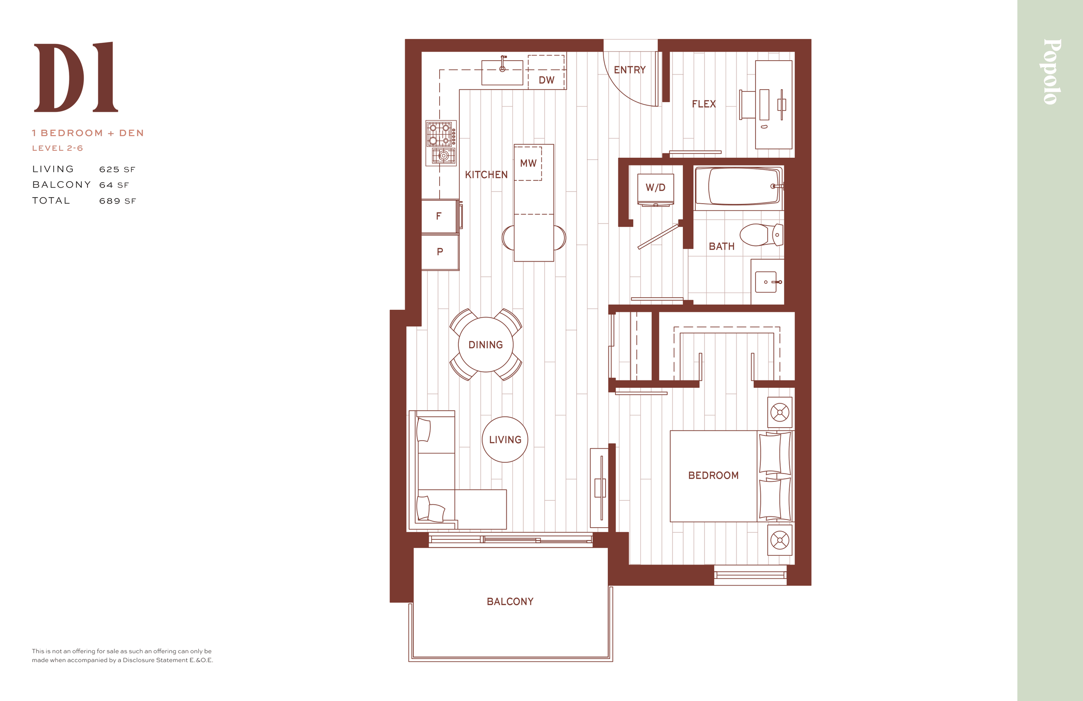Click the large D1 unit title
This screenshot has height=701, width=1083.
tap(76, 77)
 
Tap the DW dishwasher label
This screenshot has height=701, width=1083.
tap(547, 80)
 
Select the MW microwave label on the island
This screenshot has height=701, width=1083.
tap(529, 163)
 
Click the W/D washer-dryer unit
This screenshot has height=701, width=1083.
tap(655, 189)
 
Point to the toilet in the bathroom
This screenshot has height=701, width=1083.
tap(761, 234)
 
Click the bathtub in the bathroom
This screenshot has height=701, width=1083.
tap(738, 186)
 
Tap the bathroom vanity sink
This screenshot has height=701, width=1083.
tap(767, 282)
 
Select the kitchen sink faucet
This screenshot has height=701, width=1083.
tap(503, 63)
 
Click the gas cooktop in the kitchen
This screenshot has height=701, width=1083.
tap(441, 143)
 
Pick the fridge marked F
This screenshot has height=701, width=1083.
tap(440, 216)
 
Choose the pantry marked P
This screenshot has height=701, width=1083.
tap(440, 252)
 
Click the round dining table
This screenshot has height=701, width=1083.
tap(486, 344)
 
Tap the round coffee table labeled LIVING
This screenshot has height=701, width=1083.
tap(505, 439)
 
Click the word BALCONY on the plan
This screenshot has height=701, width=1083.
tap(510, 601)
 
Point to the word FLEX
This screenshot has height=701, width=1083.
tap(704, 104)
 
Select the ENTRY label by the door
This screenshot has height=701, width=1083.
tap(630, 70)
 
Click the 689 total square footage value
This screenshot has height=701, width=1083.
tap(110, 201)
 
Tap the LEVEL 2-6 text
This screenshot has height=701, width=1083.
tap(57, 148)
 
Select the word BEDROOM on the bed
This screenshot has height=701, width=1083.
tap(713, 475)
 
